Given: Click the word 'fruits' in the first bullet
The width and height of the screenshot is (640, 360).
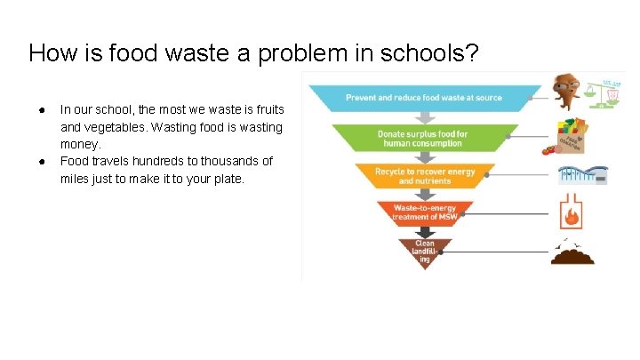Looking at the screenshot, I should click(267, 110).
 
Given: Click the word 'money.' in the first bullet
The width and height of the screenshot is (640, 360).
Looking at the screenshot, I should click(81, 144).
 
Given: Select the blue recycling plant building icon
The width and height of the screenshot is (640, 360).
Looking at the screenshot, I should click(581, 174).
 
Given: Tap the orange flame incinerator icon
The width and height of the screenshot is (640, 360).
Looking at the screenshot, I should click(572, 213).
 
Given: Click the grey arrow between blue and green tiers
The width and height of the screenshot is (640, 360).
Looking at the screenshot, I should click(424, 117).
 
